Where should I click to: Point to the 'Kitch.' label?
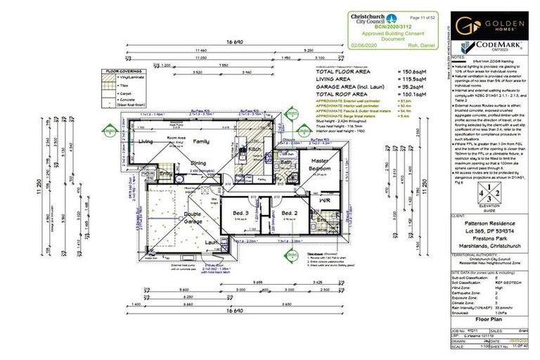255,149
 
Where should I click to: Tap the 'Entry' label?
166,173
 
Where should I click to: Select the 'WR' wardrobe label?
324,200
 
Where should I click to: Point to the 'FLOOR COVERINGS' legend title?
122,71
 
